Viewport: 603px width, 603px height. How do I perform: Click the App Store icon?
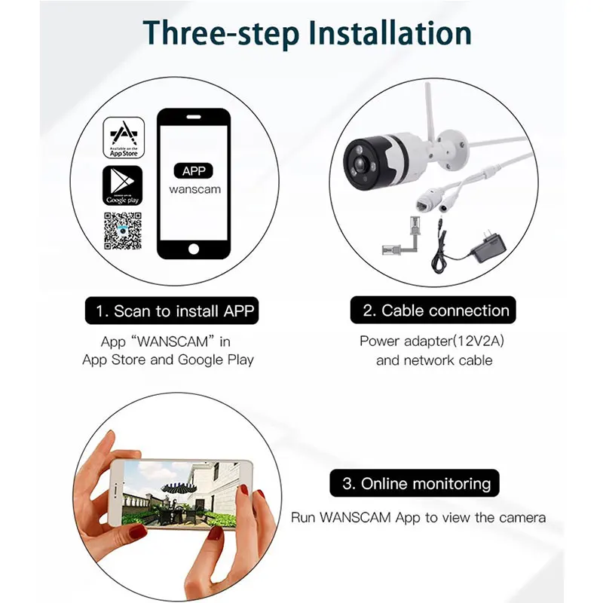pos(124,138)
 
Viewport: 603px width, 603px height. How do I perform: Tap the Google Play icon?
pos(122,185)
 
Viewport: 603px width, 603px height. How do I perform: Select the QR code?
pos(123,231)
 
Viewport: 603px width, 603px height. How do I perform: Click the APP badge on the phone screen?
pos(194,171)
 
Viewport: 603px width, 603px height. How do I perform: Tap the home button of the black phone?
pos(194,249)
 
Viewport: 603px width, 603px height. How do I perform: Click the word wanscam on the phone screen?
pos(195,190)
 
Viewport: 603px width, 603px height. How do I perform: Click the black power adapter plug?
pos(488,247)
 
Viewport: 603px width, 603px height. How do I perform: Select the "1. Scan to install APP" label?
pos(172,311)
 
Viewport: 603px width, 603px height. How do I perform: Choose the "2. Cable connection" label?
pos(433,310)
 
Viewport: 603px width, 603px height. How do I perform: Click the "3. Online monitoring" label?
pos(415,483)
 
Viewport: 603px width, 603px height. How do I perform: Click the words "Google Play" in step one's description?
pos(216,360)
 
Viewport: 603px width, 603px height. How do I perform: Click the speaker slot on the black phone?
pos(194,116)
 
